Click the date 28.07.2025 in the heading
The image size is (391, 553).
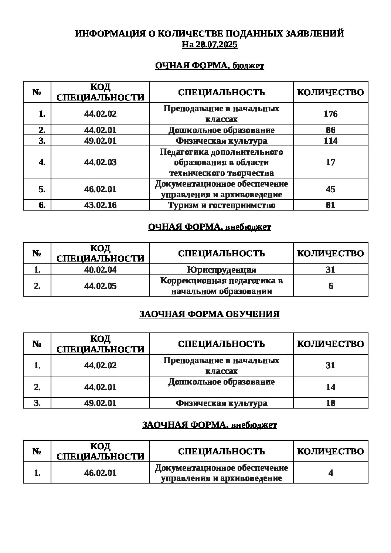[x=217, y=45]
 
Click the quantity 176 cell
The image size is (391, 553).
[x=330, y=114]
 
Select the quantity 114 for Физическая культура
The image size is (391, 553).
[x=330, y=141]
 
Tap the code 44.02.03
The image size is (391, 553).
[x=100, y=162]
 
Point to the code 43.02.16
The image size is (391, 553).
[x=100, y=205]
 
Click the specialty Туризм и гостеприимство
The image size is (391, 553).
[x=221, y=205]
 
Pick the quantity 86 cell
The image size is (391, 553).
[x=330, y=130]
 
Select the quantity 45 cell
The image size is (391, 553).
[x=330, y=189]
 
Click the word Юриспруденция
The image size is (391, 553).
[x=221, y=270]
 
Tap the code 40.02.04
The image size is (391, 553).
[x=100, y=270]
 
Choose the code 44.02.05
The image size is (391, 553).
[x=100, y=286]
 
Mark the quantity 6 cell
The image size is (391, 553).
[x=330, y=286]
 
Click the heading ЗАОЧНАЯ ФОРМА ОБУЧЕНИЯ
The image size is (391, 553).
[x=209, y=314]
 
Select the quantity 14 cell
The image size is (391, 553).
[x=330, y=387]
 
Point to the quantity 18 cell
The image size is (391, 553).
[x=330, y=403]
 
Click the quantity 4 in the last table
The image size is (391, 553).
[x=330, y=473]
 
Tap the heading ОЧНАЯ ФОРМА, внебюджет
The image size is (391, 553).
[x=209, y=227]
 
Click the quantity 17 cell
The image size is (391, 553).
[x=330, y=162]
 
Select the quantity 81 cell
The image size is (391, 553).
[x=330, y=205]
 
